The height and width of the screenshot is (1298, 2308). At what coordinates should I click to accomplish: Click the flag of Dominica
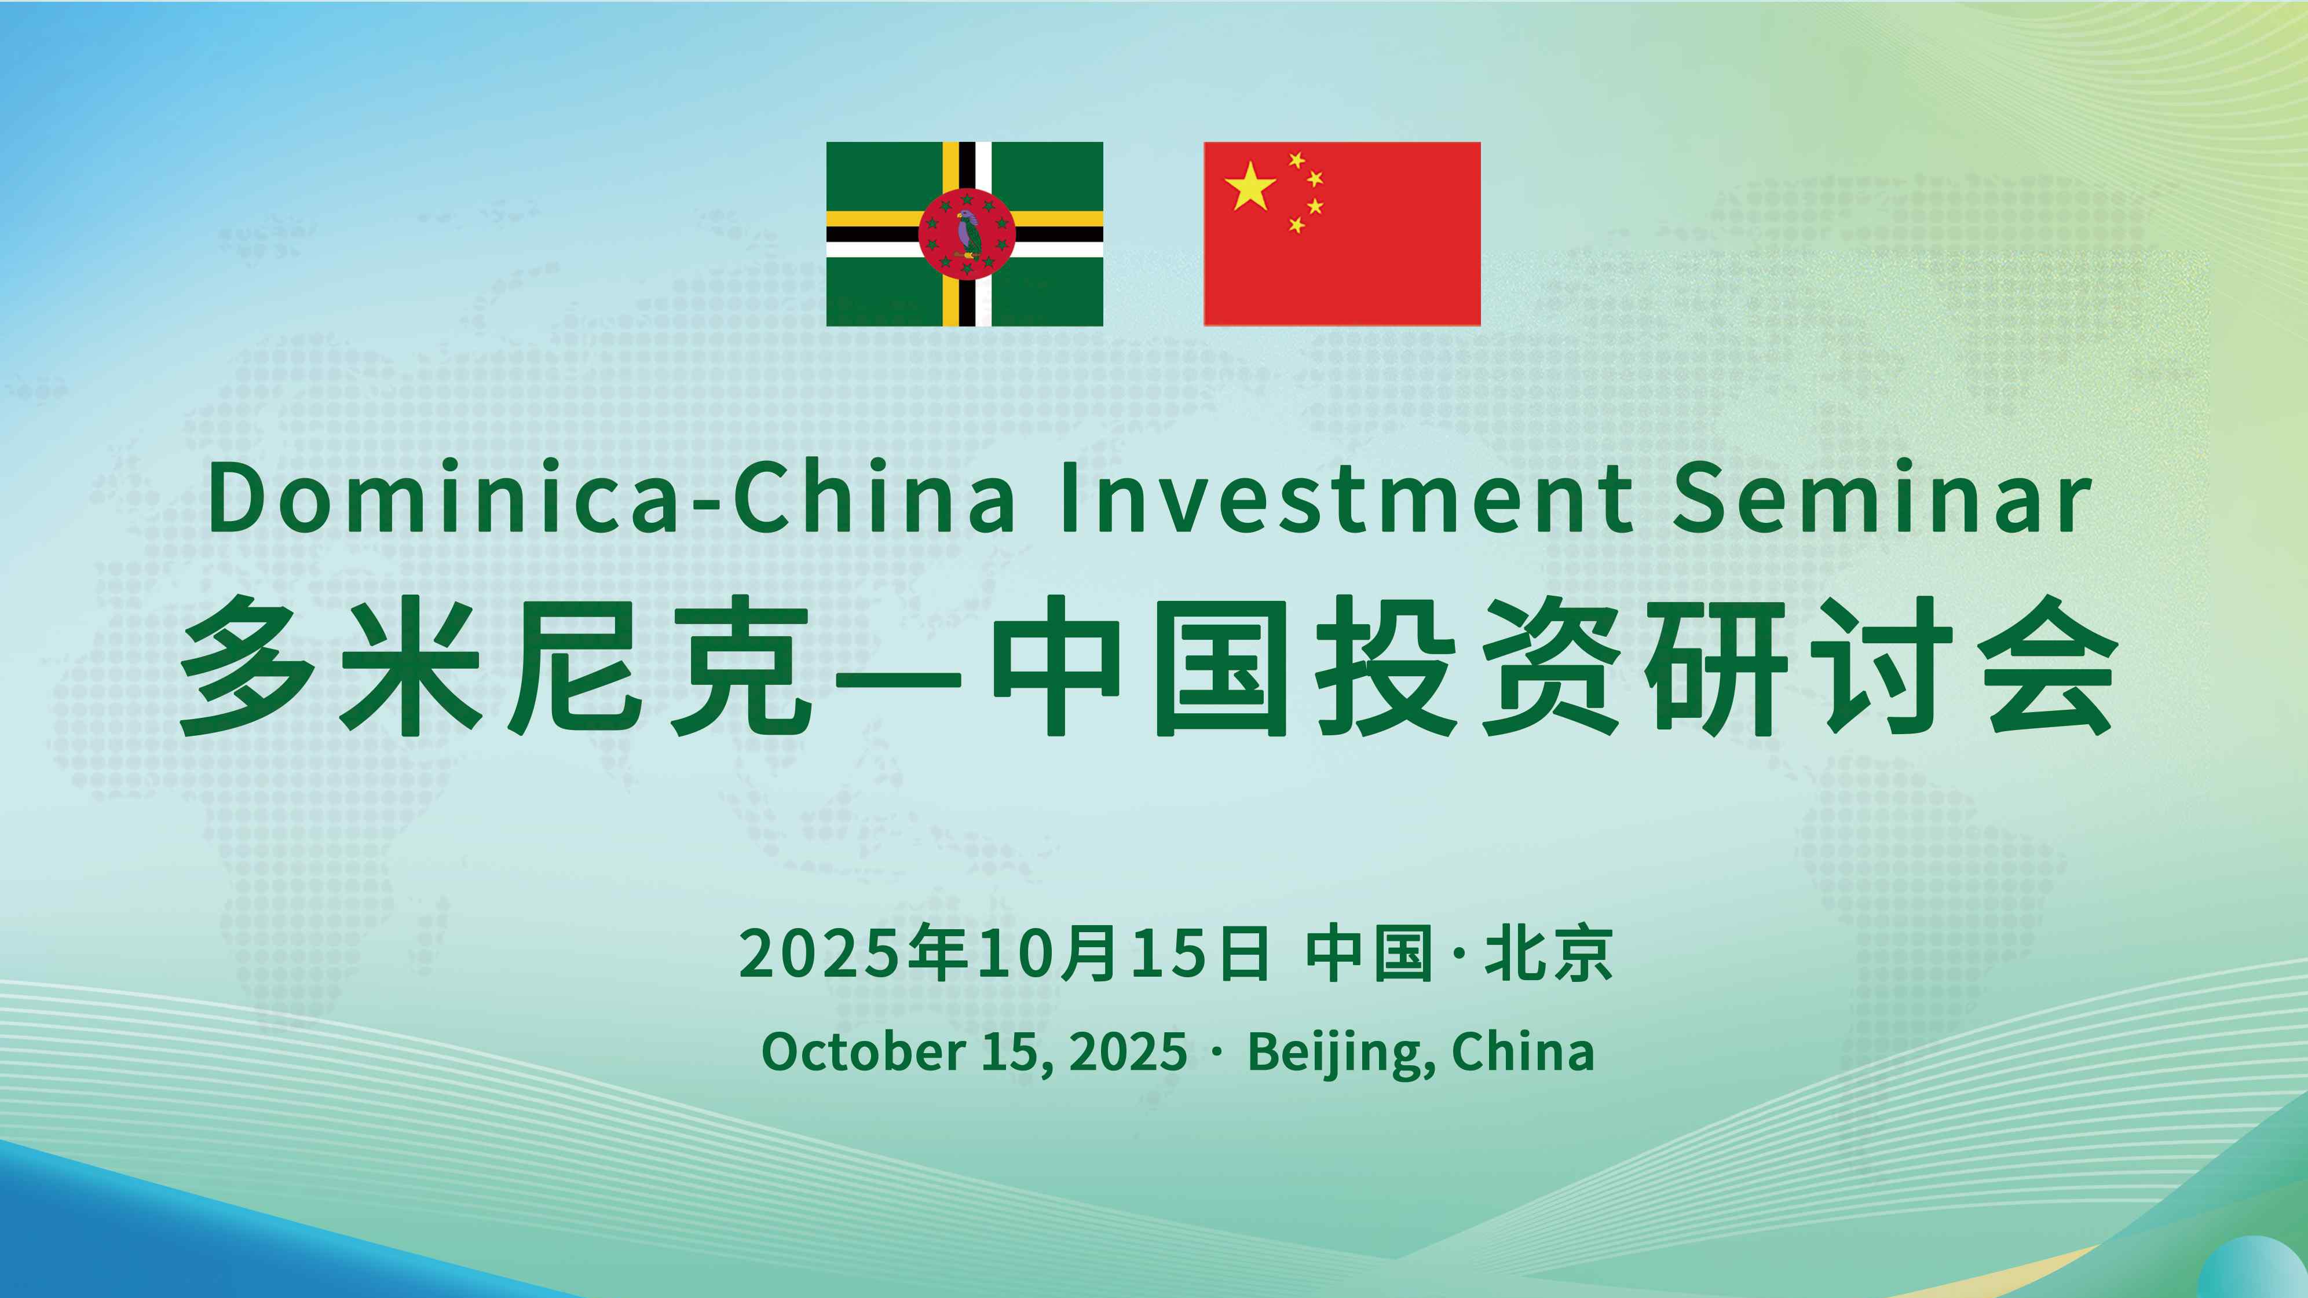[x=964, y=234]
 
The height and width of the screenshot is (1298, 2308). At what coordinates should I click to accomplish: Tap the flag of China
[x=1341, y=234]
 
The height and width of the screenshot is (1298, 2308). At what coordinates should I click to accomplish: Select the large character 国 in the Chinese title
[x=1223, y=666]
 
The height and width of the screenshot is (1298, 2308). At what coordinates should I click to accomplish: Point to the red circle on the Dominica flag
[x=967, y=234]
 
